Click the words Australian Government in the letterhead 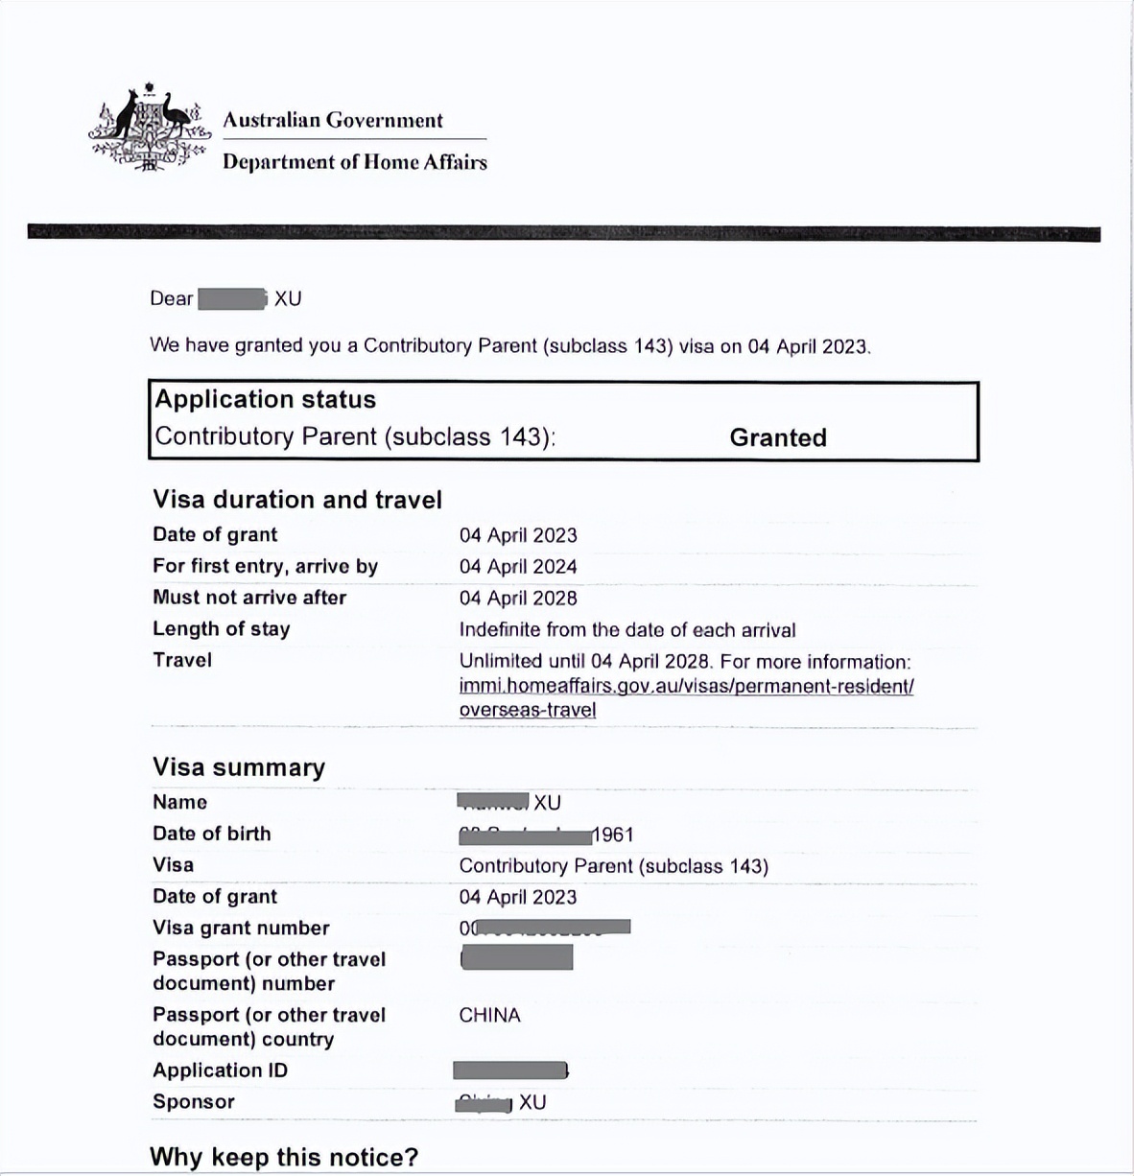[x=333, y=121]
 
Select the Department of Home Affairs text [x=355, y=162]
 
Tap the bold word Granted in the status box [x=778, y=437]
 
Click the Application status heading [x=266, y=399]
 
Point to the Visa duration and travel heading [x=297, y=500]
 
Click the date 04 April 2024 [x=518, y=567]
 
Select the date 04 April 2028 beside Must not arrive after [x=518, y=599]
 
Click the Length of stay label [x=222, y=629]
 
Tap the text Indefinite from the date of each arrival [x=627, y=630]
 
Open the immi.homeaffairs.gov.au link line [x=686, y=687]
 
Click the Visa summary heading [x=239, y=767]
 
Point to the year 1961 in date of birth [x=613, y=835]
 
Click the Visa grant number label [x=241, y=929]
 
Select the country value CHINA [x=489, y=1016]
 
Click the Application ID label [x=220, y=1070]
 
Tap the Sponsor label [x=194, y=1102]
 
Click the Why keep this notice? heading [x=284, y=1157]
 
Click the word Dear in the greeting [x=172, y=299]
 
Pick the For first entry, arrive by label [x=265, y=566]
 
